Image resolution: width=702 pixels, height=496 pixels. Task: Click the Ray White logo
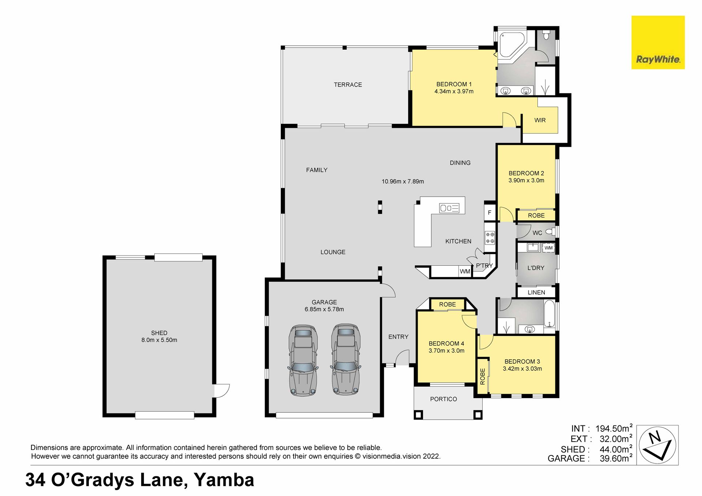[658, 42]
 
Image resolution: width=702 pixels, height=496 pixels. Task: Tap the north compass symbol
[657, 445]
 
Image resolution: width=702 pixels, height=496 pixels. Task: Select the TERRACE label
[348, 85]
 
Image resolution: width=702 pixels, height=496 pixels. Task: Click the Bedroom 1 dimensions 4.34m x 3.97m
[454, 91]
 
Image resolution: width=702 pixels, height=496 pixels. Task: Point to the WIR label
[540, 120]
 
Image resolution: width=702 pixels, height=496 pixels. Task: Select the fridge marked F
[490, 212]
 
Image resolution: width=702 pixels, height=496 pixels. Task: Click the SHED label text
[159, 333]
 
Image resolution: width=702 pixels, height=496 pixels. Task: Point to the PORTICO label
[444, 399]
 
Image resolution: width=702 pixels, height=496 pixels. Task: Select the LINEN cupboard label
[536, 292]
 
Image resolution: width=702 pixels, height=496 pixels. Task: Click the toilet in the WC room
[550, 231]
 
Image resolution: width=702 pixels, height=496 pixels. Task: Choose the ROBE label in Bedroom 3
[482, 376]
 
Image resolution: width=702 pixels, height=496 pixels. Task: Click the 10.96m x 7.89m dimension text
[403, 181]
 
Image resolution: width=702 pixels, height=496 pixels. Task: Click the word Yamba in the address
[224, 480]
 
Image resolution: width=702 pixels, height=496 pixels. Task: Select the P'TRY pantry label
[484, 266]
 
